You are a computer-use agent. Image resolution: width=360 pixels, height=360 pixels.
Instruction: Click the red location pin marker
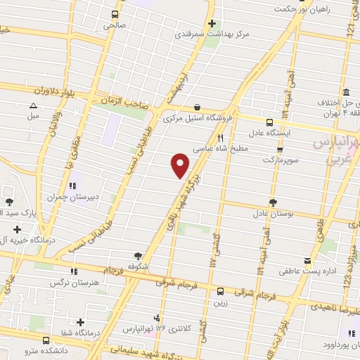[181, 165]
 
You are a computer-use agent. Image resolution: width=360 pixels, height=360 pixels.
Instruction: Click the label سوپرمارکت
[280, 160]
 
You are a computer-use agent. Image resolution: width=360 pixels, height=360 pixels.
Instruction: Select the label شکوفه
[137, 266]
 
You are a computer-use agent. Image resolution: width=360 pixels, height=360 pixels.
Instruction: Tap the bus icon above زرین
[221, 291]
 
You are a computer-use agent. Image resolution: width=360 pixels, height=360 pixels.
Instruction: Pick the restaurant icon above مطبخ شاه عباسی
[220, 139]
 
